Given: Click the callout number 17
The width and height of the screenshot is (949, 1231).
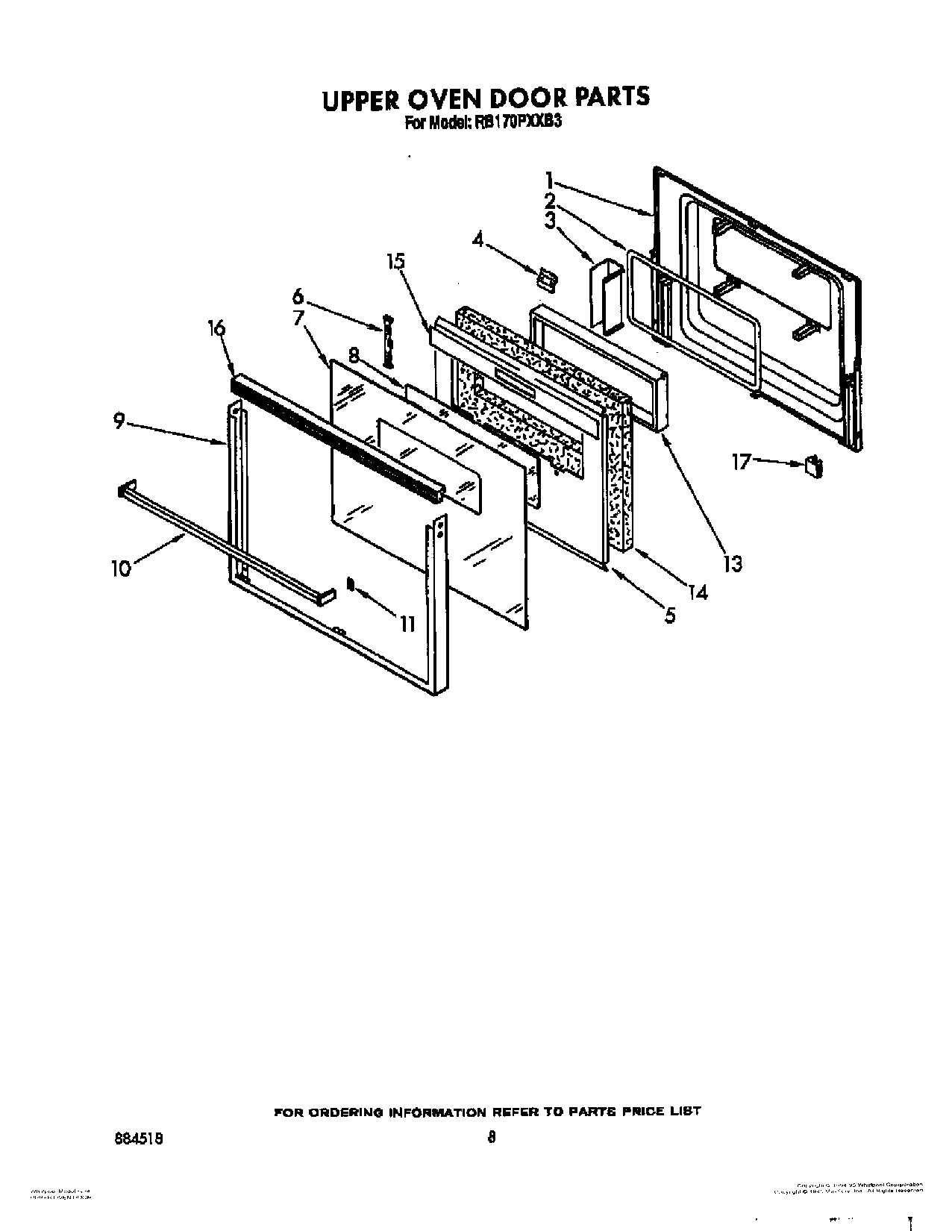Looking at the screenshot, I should [x=742, y=463].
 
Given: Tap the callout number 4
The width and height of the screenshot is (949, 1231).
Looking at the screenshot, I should [x=477, y=239].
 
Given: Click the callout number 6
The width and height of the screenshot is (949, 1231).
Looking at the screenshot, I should [x=298, y=297].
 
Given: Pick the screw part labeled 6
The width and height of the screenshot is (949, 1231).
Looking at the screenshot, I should [x=388, y=340].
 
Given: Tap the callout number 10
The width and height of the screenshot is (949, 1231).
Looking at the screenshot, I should [x=121, y=568].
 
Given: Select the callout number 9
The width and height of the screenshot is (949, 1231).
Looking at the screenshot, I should [x=119, y=422].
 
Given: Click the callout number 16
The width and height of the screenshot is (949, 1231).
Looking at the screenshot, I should [x=216, y=328].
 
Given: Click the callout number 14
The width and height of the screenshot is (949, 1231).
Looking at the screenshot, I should [x=698, y=592].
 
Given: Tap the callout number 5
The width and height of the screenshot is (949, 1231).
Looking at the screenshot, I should [x=670, y=615].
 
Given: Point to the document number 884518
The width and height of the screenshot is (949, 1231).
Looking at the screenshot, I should [x=141, y=1138].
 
